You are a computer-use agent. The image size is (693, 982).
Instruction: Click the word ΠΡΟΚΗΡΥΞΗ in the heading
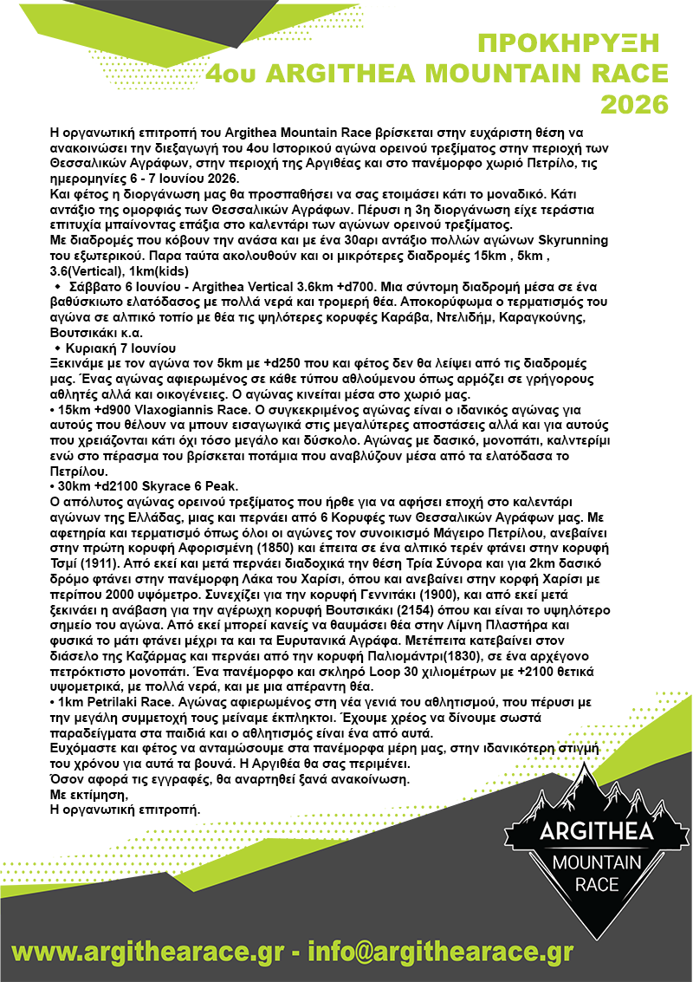tap(568, 44)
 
